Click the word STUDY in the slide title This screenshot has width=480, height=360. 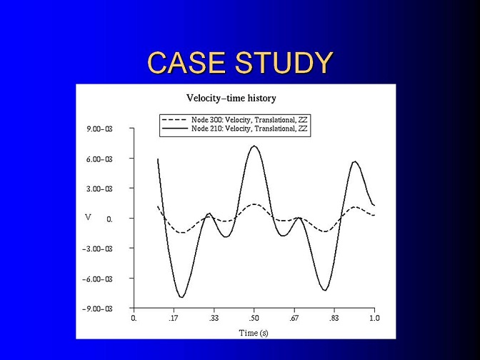pyautogui.click(x=284, y=62)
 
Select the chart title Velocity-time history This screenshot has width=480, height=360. pyautogui.click(x=231, y=99)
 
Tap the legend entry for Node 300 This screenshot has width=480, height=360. pyautogui.click(x=234, y=120)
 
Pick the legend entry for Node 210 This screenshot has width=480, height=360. pyautogui.click(x=234, y=129)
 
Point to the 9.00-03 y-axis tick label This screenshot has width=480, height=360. pyautogui.click(x=99, y=129)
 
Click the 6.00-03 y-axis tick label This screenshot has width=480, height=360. pyautogui.click(x=99, y=159)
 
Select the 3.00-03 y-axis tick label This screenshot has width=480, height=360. pyautogui.click(x=99, y=189)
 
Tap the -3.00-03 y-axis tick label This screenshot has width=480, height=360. pyautogui.click(x=97, y=249)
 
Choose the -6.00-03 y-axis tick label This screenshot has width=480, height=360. pyautogui.click(x=97, y=279)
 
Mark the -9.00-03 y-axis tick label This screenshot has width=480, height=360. pyautogui.click(x=97, y=309)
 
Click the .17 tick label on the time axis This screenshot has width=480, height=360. pyautogui.click(x=174, y=319)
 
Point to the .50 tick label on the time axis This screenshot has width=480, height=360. pyautogui.click(x=254, y=319)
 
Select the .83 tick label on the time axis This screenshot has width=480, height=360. pyautogui.click(x=334, y=319)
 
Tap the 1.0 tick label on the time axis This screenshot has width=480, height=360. pyautogui.click(x=374, y=319)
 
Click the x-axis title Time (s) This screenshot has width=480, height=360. pyautogui.click(x=254, y=333)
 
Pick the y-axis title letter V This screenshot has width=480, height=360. pyautogui.click(x=88, y=217)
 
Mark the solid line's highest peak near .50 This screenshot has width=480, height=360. pyautogui.click(x=254, y=146)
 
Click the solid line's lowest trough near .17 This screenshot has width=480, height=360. pyautogui.click(x=181, y=297)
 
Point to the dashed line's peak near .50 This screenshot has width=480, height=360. pyautogui.click(x=254, y=204)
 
